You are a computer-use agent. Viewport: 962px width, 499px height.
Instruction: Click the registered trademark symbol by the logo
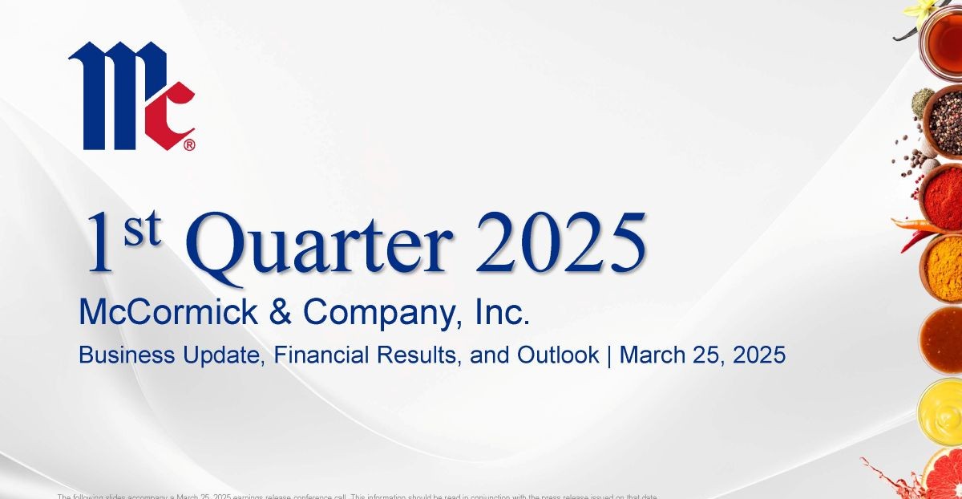189,145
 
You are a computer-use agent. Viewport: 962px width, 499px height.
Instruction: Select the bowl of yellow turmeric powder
944,266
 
